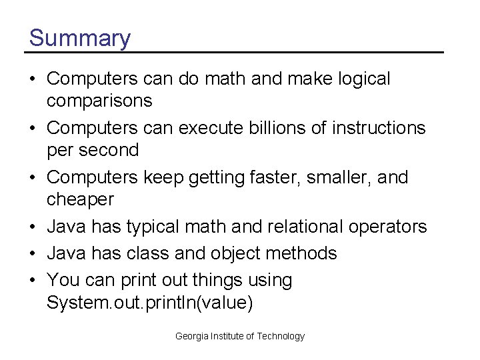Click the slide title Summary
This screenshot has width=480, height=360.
pos(80,38)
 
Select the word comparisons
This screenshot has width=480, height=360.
pos(99,101)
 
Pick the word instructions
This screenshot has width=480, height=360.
pos(375,127)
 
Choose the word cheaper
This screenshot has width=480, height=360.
pos(81,200)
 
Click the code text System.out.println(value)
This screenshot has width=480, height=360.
pos(150,303)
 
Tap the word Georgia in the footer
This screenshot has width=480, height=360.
pos(191,336)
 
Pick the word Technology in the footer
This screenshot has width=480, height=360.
pos(281,336)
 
